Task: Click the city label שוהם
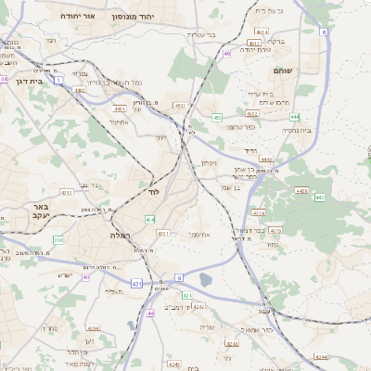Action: (x=283, y=70)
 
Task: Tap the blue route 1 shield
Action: (x=58, y=81)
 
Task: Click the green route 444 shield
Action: (x=294, y=117)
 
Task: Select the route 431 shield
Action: (x=137, y=283)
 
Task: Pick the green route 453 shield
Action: (x=216, y=118)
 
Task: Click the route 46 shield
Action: (x=227, y=54)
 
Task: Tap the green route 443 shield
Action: (x=318, y=198)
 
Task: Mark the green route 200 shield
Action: (x=58, y=240)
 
